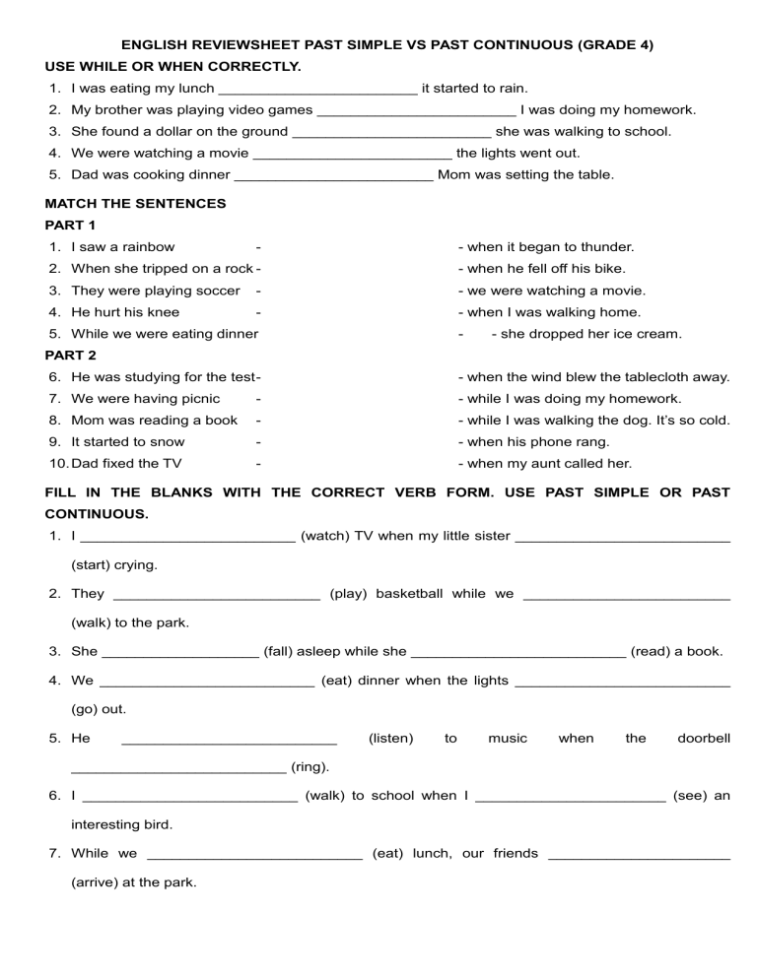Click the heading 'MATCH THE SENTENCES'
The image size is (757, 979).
(x=136, y=204)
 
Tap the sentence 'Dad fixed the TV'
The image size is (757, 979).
(x=126, y=464)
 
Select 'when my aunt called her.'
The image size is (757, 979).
(x=550, y=464)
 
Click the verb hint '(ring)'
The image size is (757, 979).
(x=310, y=766)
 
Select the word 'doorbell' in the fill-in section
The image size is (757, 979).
(x=704, y=738)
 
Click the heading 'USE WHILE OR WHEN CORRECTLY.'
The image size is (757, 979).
(x=173, y=66)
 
